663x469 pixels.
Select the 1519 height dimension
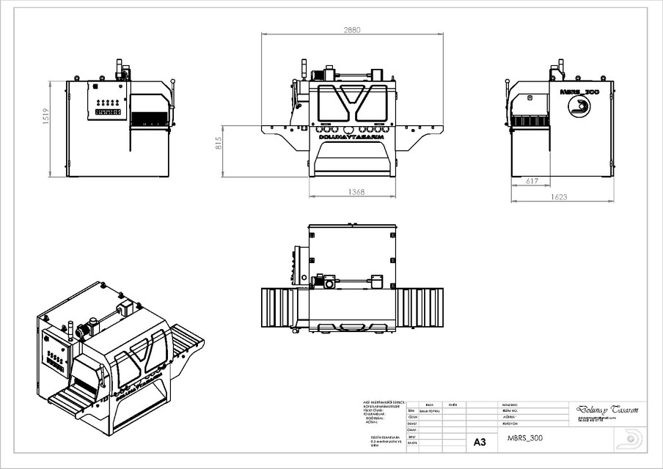coord(45,117)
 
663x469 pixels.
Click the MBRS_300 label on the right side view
coord(579,93)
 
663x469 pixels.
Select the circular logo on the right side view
coord(579,108)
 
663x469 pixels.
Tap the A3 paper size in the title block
coord(480,443)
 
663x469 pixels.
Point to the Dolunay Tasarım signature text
coord(603,410)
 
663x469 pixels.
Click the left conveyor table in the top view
coord(279,309)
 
